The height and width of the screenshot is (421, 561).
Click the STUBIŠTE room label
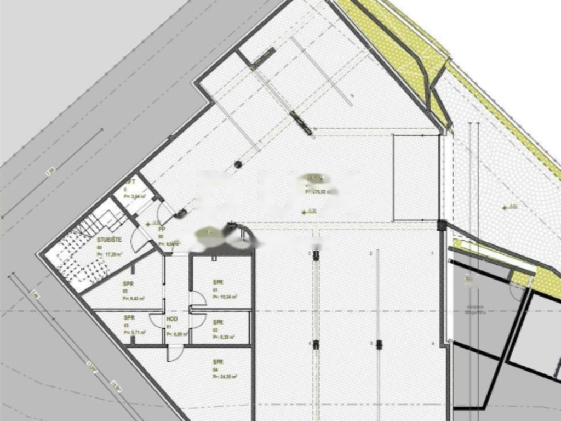click(x=106, y=240)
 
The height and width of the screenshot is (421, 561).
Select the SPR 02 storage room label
click(x=217, y=322)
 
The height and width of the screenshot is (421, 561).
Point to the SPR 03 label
click(x=129, y=318)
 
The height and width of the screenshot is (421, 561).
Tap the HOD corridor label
click(x=171, y=318)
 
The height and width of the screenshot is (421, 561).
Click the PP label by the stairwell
click(x=162, y=229)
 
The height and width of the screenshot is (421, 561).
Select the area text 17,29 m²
click(x=110, y=254)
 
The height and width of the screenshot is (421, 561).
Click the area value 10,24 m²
click(x=227, y=297)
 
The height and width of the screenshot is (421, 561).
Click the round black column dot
click(x=238, y=164)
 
